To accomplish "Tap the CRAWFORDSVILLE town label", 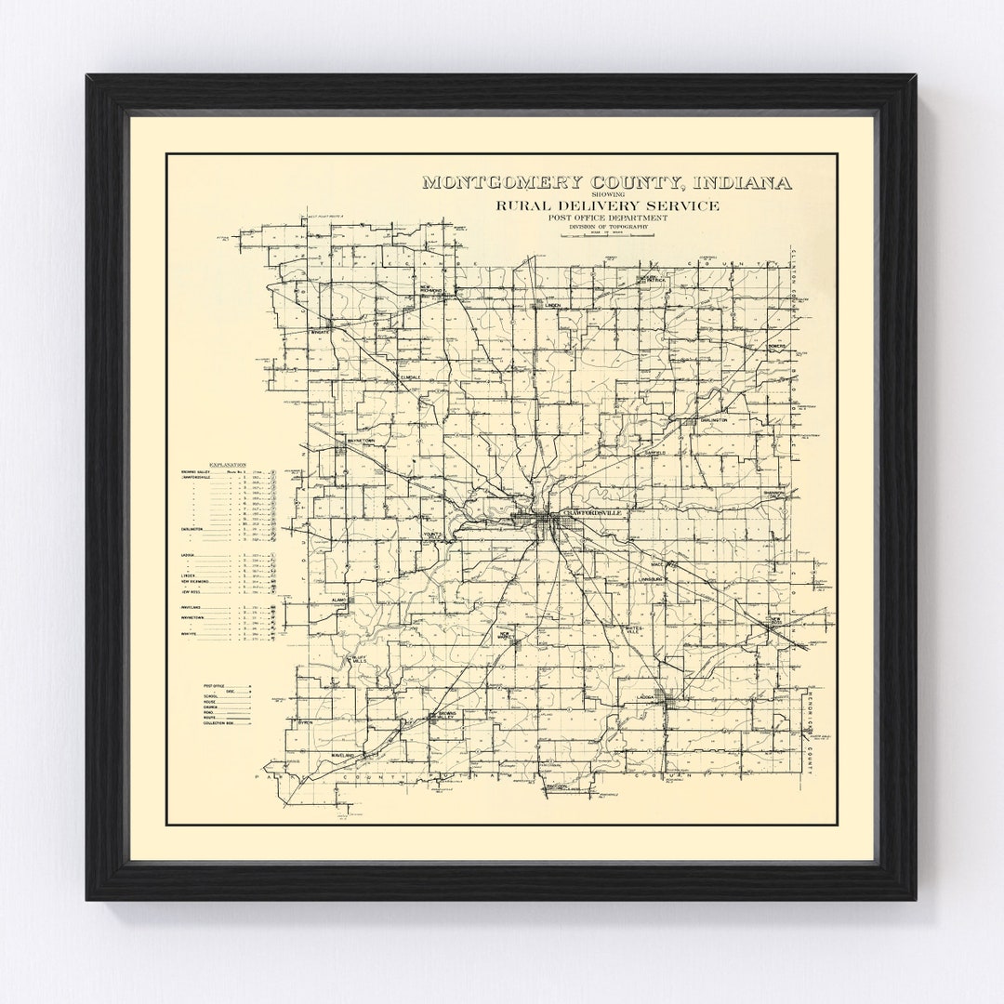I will [590, 512].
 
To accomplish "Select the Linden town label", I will [552, 304].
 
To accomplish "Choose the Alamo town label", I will [341, 601].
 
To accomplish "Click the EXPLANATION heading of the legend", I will [228, 463].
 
